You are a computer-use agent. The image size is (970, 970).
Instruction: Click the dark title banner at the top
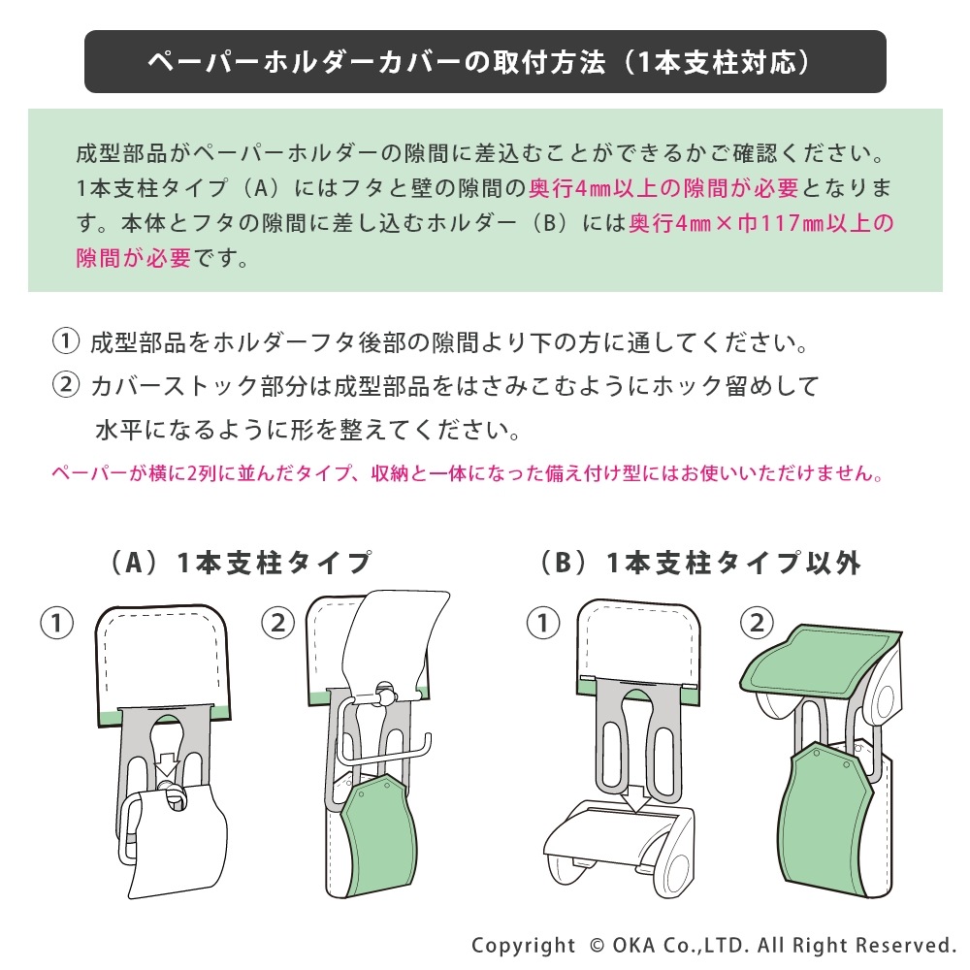pyautogui.click(x=485, y=62)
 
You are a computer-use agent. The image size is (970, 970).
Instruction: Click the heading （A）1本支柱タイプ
pyautogui.click(x=237, y=563)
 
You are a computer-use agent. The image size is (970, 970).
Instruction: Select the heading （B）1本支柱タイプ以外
pyautogui.click(x=699, y=563)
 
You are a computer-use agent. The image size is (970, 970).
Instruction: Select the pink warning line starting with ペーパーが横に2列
pyautogui.click(x=467, y=475)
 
